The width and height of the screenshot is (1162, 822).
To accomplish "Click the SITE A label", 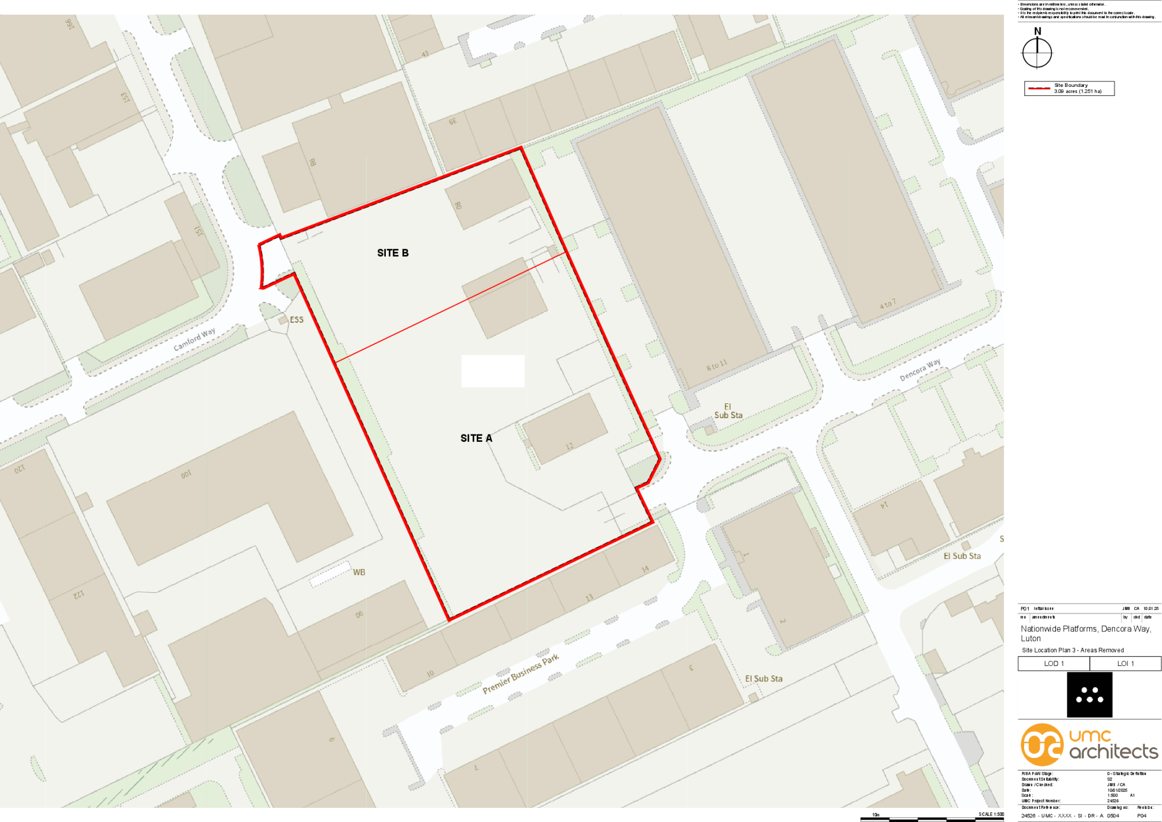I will [x=476, y=438].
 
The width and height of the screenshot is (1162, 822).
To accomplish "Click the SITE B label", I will [x=393, y=253].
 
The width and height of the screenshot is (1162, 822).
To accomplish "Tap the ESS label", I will [x=296, y=320].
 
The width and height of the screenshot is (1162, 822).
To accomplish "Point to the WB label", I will [x=359, y=572].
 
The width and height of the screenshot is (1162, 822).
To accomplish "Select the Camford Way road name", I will [x=194, y=339].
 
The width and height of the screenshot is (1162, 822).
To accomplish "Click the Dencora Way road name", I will [x=920, y=370].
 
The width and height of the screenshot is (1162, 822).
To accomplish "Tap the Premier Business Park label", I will [x=520, y=673].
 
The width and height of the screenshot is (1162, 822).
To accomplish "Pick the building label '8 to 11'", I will [x=717, y=365].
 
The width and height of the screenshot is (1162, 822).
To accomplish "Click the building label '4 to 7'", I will [x=888, y=304].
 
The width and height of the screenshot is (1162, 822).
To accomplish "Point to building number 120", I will [x=20, y=469].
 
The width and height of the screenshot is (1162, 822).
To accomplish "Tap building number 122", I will [x=79, y=595].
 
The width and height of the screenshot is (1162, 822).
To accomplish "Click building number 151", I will [x=198, y=231].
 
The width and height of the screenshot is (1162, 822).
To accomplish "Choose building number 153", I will [x=125, y=98].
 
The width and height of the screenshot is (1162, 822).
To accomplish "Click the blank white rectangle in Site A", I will [x=492, y=371].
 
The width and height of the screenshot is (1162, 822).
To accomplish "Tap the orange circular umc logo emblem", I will [x=1042, y=745].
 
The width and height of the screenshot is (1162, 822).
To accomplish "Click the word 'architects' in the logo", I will [x=1113, y=752].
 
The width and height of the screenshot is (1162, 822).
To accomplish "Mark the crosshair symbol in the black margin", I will [x=1037, y=53].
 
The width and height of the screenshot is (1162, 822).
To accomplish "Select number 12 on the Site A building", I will [x=569, y=446].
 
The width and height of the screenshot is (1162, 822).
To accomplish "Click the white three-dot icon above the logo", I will [x=1089, y=695].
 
